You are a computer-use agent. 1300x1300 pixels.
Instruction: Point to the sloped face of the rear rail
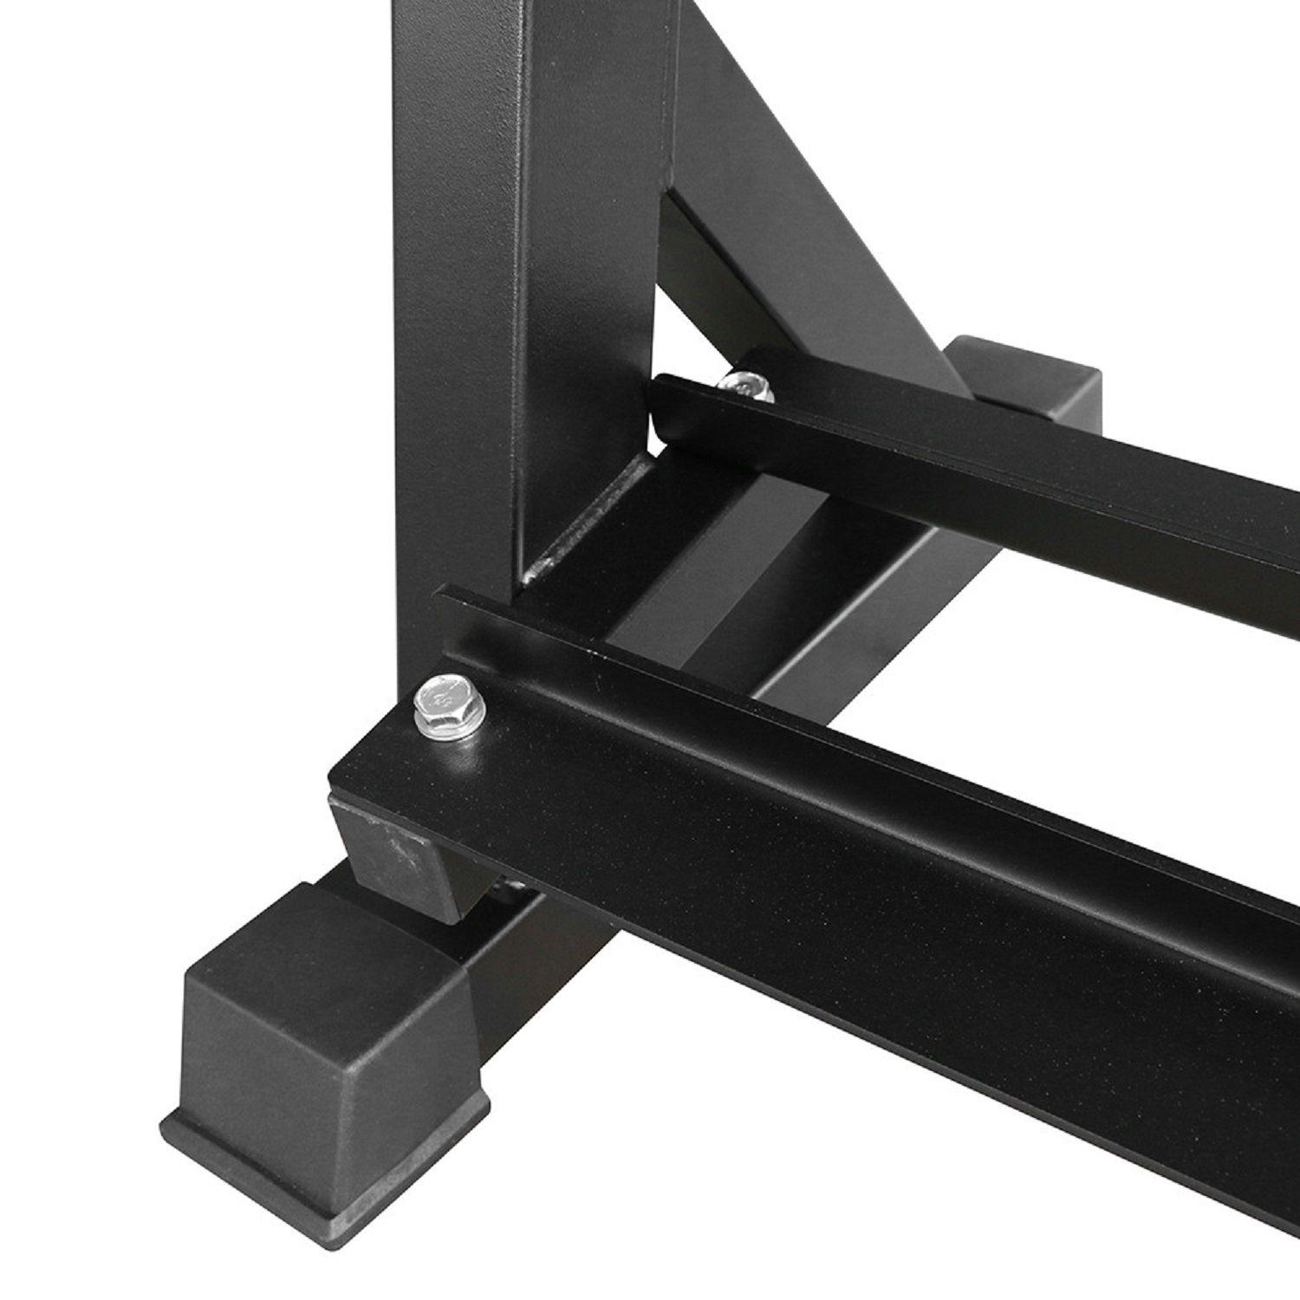(x=997, y=485)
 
